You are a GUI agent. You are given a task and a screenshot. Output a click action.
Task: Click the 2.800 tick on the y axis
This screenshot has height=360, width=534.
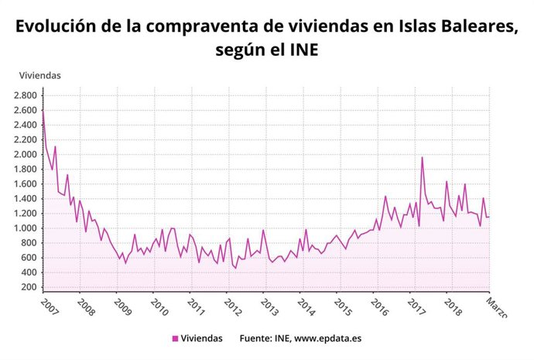[26, 95]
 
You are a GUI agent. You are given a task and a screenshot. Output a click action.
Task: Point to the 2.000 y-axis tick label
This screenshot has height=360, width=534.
[26, 154]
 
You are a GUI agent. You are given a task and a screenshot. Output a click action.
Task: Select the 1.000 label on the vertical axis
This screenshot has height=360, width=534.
[26, 228]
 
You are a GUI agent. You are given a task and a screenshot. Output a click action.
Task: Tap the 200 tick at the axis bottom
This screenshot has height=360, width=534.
[30, 287]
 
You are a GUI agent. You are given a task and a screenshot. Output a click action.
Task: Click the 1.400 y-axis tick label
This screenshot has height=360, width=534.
[26, 199]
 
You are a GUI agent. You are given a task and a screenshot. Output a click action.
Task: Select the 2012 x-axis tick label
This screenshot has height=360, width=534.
[233, 307]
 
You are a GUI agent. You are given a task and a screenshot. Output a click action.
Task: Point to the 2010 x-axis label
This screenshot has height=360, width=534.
[160, 307]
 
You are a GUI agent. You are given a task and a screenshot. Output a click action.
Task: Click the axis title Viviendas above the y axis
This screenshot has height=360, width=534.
[39, 75]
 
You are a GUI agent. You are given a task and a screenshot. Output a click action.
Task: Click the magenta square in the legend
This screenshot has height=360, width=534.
[175, 338]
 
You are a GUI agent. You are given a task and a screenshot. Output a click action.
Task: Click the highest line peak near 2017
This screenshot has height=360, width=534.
[422, 157]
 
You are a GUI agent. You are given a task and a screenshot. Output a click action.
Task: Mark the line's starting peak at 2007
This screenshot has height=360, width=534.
[43, 110]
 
